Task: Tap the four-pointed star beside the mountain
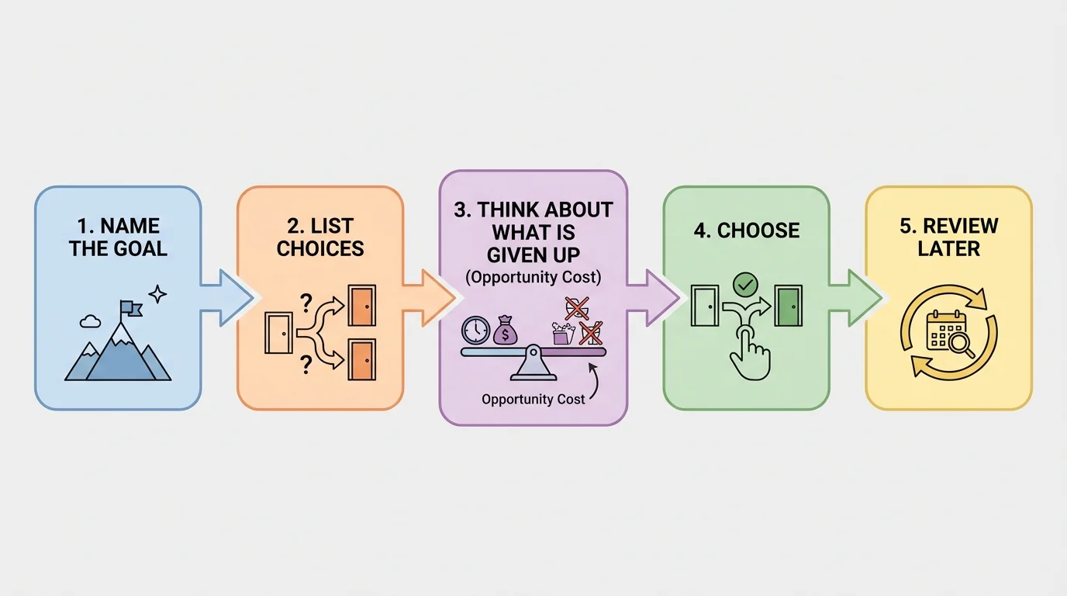point(157,293)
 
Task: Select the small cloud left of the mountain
point(90,319)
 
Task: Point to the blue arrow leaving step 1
point(226,298)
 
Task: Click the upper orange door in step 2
point(361,305)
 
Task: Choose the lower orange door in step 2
point(361,359)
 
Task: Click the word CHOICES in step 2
point(320,249)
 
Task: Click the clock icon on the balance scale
point(475,330)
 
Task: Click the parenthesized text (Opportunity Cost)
point(533,277)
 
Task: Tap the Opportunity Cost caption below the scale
point(533,399)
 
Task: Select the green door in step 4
point(789,306)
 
